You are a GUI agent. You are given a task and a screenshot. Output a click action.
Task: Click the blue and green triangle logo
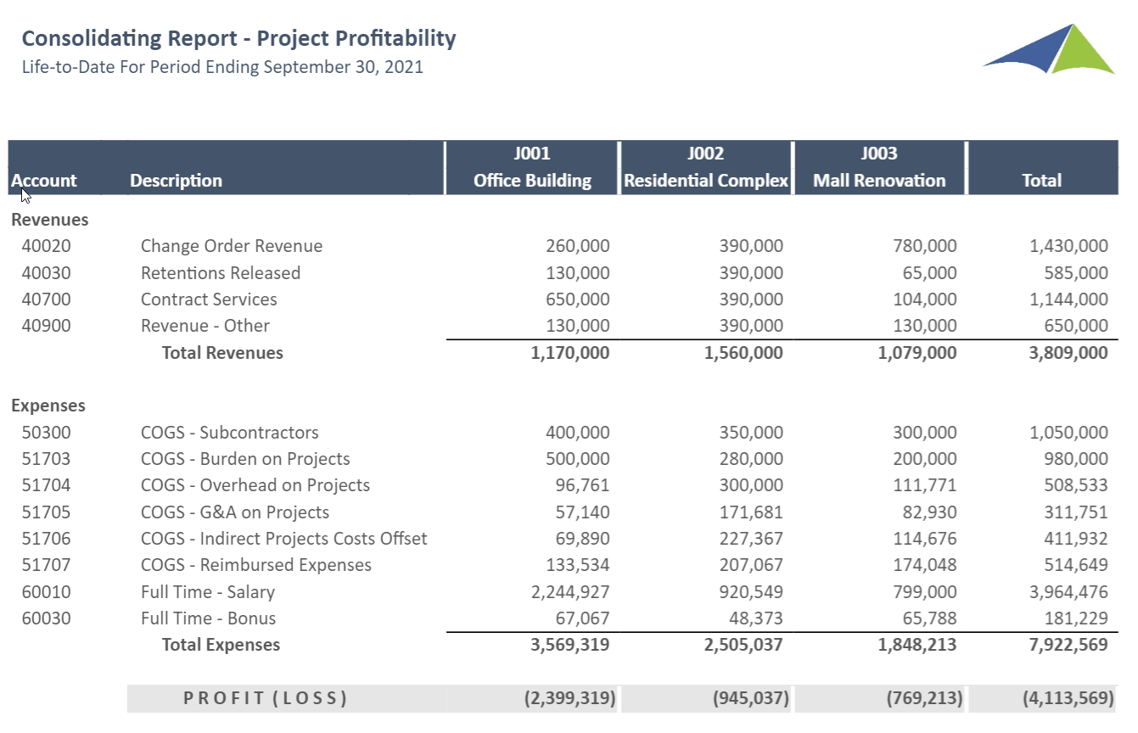pyautogui.click(x=1050, y=49)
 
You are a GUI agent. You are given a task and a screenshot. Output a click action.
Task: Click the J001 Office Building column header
pyautogui.click(x=532, y=167)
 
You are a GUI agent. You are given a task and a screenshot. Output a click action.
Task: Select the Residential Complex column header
pyautogui.click(x=706, y=167)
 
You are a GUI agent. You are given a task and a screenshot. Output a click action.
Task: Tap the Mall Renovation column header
pyautogui.click(x=879, y=167)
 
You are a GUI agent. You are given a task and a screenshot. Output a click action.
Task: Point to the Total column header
pyautogui.click(x=1041, y=181)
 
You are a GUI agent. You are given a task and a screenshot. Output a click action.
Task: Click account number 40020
pyautogui.click(x=46, y=246)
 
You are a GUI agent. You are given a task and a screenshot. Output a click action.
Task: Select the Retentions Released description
pyautogui.click(x=221, y=273)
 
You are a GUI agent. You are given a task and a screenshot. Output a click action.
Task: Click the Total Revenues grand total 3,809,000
pyautogui.click(x=1068, y=353)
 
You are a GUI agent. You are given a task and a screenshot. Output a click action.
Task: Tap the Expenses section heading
pyautogui.click(x=48, y=406)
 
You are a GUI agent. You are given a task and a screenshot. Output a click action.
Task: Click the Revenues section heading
pyautogui.click(x=50, y=220)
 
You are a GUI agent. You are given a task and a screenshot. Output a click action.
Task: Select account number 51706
pyautogui.click(x=46, y=539)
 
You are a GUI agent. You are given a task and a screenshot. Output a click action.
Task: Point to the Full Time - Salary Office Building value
pyautogui.click(x=570, y=592)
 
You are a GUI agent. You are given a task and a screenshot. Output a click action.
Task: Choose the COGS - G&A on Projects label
pyautogui.click(x=235, y=512)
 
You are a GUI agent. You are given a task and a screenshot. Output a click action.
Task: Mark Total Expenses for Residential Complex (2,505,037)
pyautogui.click(x=743, y=645)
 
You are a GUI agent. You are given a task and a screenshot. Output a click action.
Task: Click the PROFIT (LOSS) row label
pyautogui.click(x=266, y=698)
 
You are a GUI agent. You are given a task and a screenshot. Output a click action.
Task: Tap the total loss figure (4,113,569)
pyautogui.click(x=1068, y=698)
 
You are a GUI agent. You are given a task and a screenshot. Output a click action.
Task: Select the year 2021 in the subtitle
pyautogui.click(x=403, y=67)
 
